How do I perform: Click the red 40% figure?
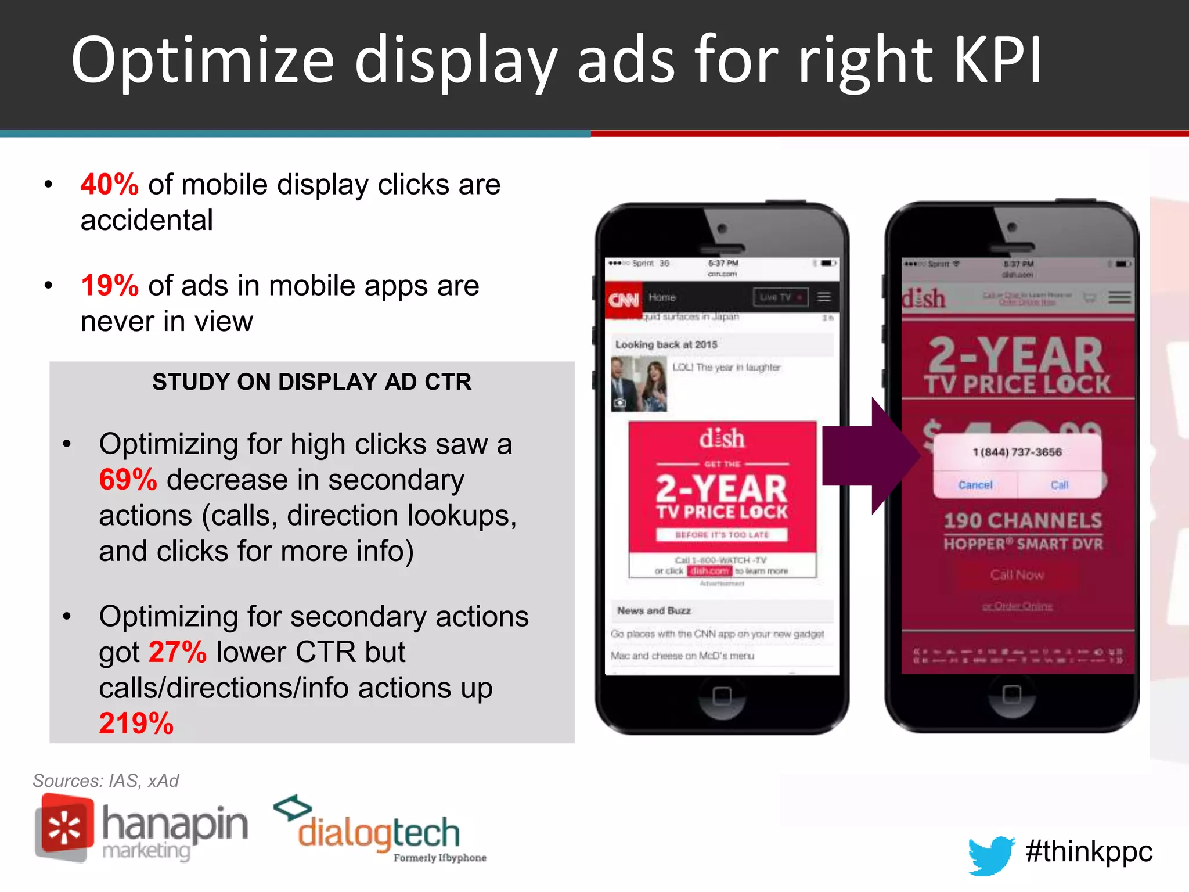[x=109, y=185]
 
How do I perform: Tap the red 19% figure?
[x=109, y=286]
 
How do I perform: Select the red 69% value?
[x=128, y=480]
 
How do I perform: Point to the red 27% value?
[x=178, y=652]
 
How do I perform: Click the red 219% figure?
[x=136, y=724]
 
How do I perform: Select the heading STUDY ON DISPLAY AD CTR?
[x=312, y=382]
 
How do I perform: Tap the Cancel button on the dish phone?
[x=975, y=485]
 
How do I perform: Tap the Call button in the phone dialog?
[x=1059, y=485]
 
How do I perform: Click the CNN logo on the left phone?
[x=624, y=300]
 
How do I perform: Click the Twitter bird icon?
[x=990, y=854]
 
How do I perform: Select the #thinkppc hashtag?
[x=1089, y=851]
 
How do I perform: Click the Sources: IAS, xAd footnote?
[x=106, y=780]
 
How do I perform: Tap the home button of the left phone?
[x=722, y=695]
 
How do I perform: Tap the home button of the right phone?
[x=1011, y=694]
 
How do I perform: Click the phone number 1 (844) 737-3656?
[x=1017, y=452]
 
